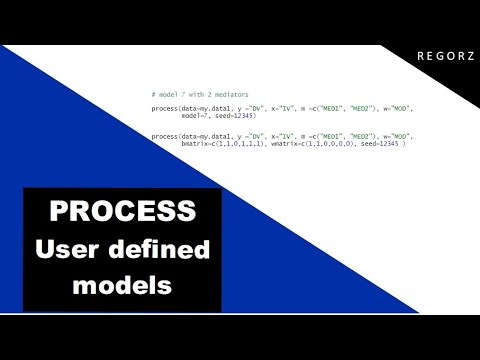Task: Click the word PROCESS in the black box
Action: (x=123, y=211)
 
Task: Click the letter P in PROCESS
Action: (x=59, y=211)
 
